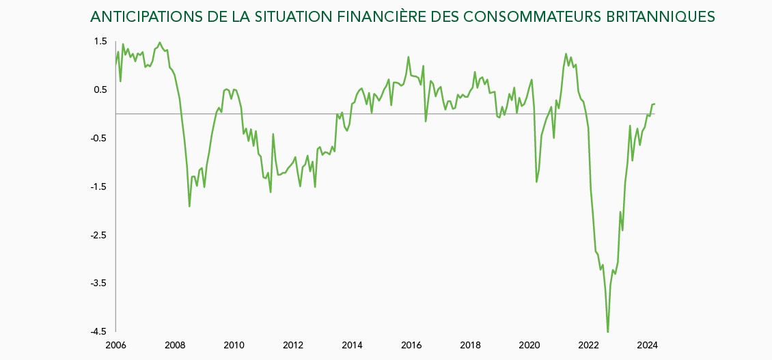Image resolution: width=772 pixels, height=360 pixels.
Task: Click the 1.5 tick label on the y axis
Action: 100,42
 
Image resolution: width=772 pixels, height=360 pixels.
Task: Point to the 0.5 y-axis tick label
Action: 100,90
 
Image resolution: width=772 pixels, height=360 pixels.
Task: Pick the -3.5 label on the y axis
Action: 99,283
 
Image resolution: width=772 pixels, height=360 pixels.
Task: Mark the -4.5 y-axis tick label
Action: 99,332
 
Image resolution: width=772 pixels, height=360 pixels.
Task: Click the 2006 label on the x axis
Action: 116,345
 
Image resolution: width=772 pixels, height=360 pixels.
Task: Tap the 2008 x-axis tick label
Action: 176,345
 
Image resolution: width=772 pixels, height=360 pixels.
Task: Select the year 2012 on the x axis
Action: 293,345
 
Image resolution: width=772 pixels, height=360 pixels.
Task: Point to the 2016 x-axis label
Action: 411,345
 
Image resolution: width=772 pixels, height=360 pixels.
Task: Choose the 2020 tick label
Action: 530,345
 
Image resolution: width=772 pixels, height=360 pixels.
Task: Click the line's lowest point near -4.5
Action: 607,332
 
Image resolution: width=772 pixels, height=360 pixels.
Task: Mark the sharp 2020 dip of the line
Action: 536,182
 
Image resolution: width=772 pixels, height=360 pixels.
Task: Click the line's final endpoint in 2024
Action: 654,104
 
